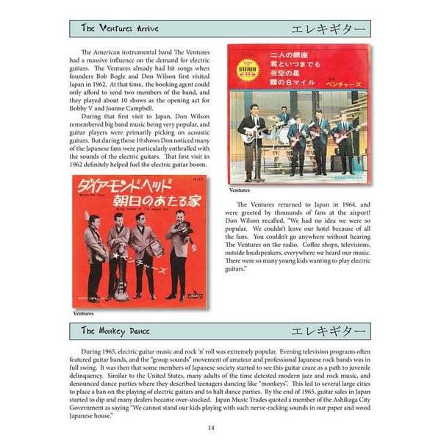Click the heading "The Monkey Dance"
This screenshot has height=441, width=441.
tap(115, 331)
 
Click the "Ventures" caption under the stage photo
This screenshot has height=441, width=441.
tap(240, 190)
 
